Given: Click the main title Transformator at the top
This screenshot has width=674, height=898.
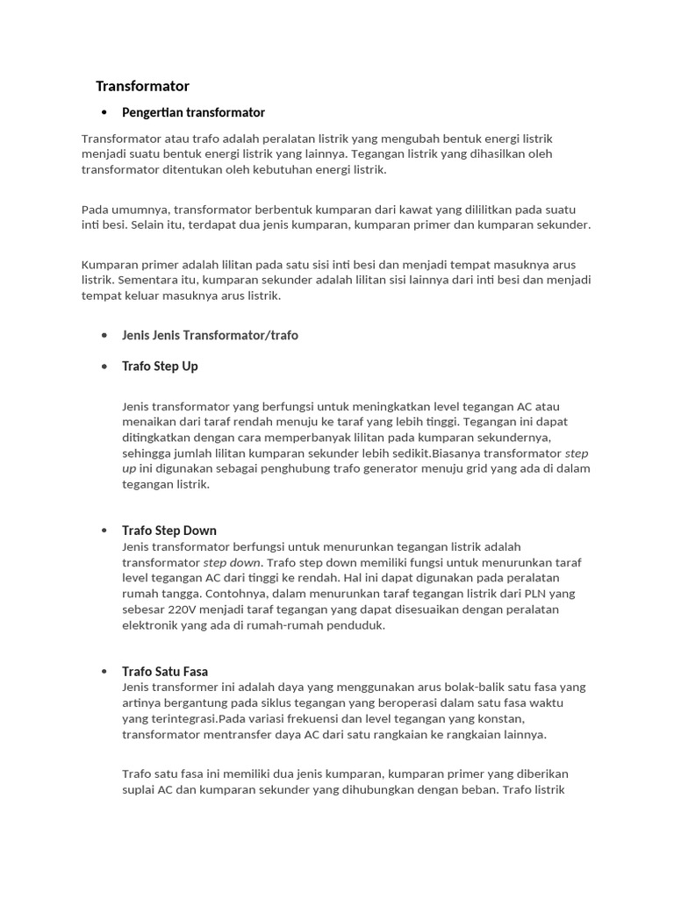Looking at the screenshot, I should pos(142,86).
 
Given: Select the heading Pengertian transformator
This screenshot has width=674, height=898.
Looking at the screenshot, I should pos(193,112).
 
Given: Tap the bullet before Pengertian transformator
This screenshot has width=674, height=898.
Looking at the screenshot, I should pos(104,112).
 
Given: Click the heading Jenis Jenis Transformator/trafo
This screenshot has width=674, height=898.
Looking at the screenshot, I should pos(210,335).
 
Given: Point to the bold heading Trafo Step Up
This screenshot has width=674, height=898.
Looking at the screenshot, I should pos(160,366).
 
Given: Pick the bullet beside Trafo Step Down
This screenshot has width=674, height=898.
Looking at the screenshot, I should pos(104,531).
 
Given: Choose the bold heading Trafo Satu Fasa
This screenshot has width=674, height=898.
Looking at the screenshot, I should pos(165,672).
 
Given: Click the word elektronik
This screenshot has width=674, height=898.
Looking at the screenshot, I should pos(151,625).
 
